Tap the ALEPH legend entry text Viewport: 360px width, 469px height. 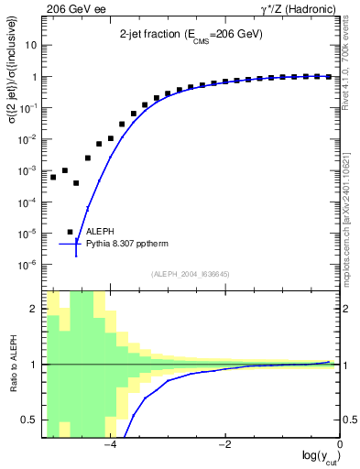103,233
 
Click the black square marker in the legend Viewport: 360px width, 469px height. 71,232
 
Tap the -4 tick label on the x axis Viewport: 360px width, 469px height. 110,447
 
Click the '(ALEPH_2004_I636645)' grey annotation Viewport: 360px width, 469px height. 191,274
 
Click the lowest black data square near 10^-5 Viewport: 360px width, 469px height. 71,232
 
